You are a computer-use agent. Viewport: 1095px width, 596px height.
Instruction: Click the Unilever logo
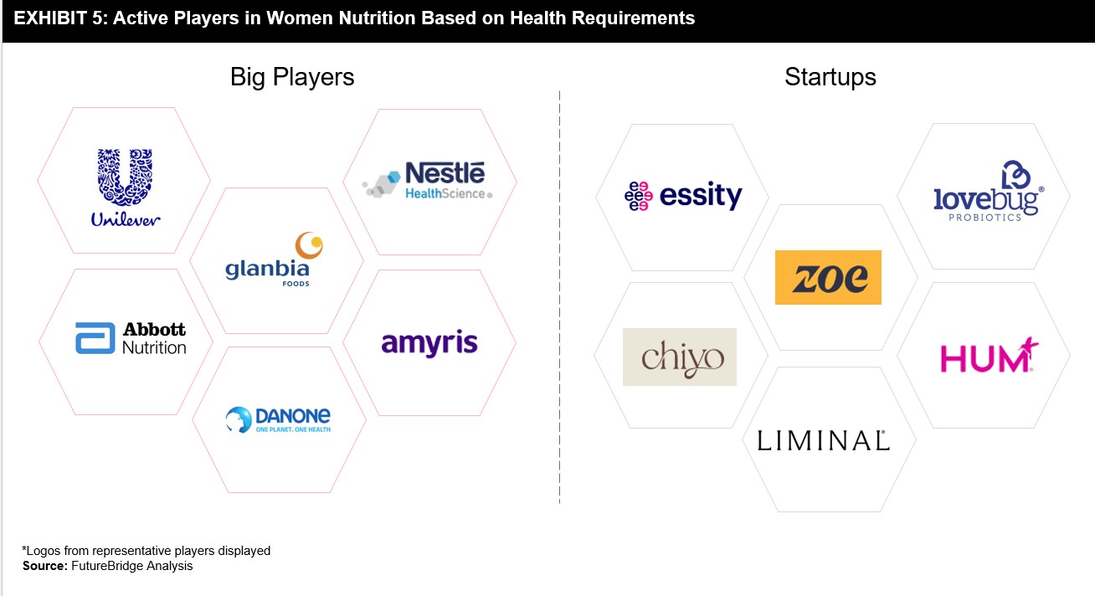point(125,188)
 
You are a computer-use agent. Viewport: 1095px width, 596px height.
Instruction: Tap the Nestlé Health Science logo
point(427,181)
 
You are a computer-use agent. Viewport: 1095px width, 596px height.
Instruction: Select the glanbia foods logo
point(275,259)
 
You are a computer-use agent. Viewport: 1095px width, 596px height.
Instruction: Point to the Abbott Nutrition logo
point(131,337)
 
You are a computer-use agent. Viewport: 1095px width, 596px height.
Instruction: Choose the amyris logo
point(429,343)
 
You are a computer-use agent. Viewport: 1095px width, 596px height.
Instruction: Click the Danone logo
point(278,419)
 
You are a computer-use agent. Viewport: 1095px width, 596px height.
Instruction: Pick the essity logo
point(683,196)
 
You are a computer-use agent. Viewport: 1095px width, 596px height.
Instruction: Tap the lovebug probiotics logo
point(989,191)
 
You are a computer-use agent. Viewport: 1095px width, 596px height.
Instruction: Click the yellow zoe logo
point(828,277)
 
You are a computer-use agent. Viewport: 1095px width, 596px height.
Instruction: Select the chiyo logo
point(680,357)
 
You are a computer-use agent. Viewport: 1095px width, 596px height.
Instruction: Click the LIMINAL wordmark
point(823,440)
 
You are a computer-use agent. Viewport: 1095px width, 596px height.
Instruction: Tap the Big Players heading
point(292,77)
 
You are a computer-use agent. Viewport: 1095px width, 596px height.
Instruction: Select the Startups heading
point(830,77)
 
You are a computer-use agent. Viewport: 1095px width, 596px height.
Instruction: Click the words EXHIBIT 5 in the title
point(59,18)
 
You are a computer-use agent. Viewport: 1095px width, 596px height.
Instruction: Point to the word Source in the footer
point(45,566)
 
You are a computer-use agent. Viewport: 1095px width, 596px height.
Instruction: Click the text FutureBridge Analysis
point(132,566)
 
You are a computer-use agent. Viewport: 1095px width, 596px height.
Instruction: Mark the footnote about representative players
point(147,551)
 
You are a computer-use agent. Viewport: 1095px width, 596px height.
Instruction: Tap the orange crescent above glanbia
point(309,245)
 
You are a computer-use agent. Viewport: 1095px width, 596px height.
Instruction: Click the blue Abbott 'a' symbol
point(95,338)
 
